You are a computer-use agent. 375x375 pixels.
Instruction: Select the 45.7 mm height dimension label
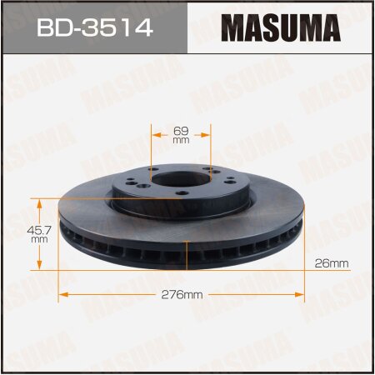(38, 232)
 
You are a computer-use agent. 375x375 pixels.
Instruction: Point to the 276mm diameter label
(184, 295)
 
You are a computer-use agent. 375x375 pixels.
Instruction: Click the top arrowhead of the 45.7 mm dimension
(38, 201)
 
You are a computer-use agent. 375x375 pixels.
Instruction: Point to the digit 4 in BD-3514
(142, 31)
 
